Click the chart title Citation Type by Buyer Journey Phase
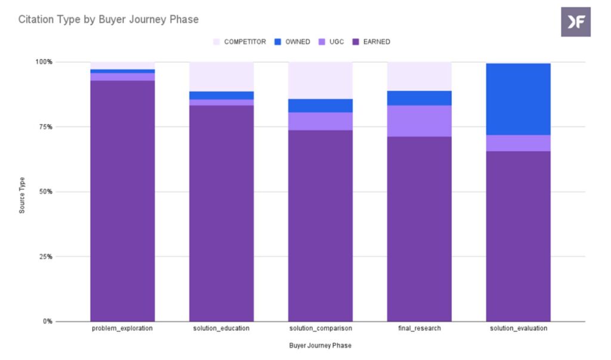108,20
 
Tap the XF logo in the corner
575,22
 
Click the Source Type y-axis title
22,195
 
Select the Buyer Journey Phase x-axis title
320,346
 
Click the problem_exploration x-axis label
122,329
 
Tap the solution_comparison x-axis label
320,329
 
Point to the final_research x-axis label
419,329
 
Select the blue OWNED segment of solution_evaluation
518,99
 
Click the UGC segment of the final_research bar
419,121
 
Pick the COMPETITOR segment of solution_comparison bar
320,80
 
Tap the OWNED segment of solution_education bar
221,96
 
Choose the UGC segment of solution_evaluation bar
518,143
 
